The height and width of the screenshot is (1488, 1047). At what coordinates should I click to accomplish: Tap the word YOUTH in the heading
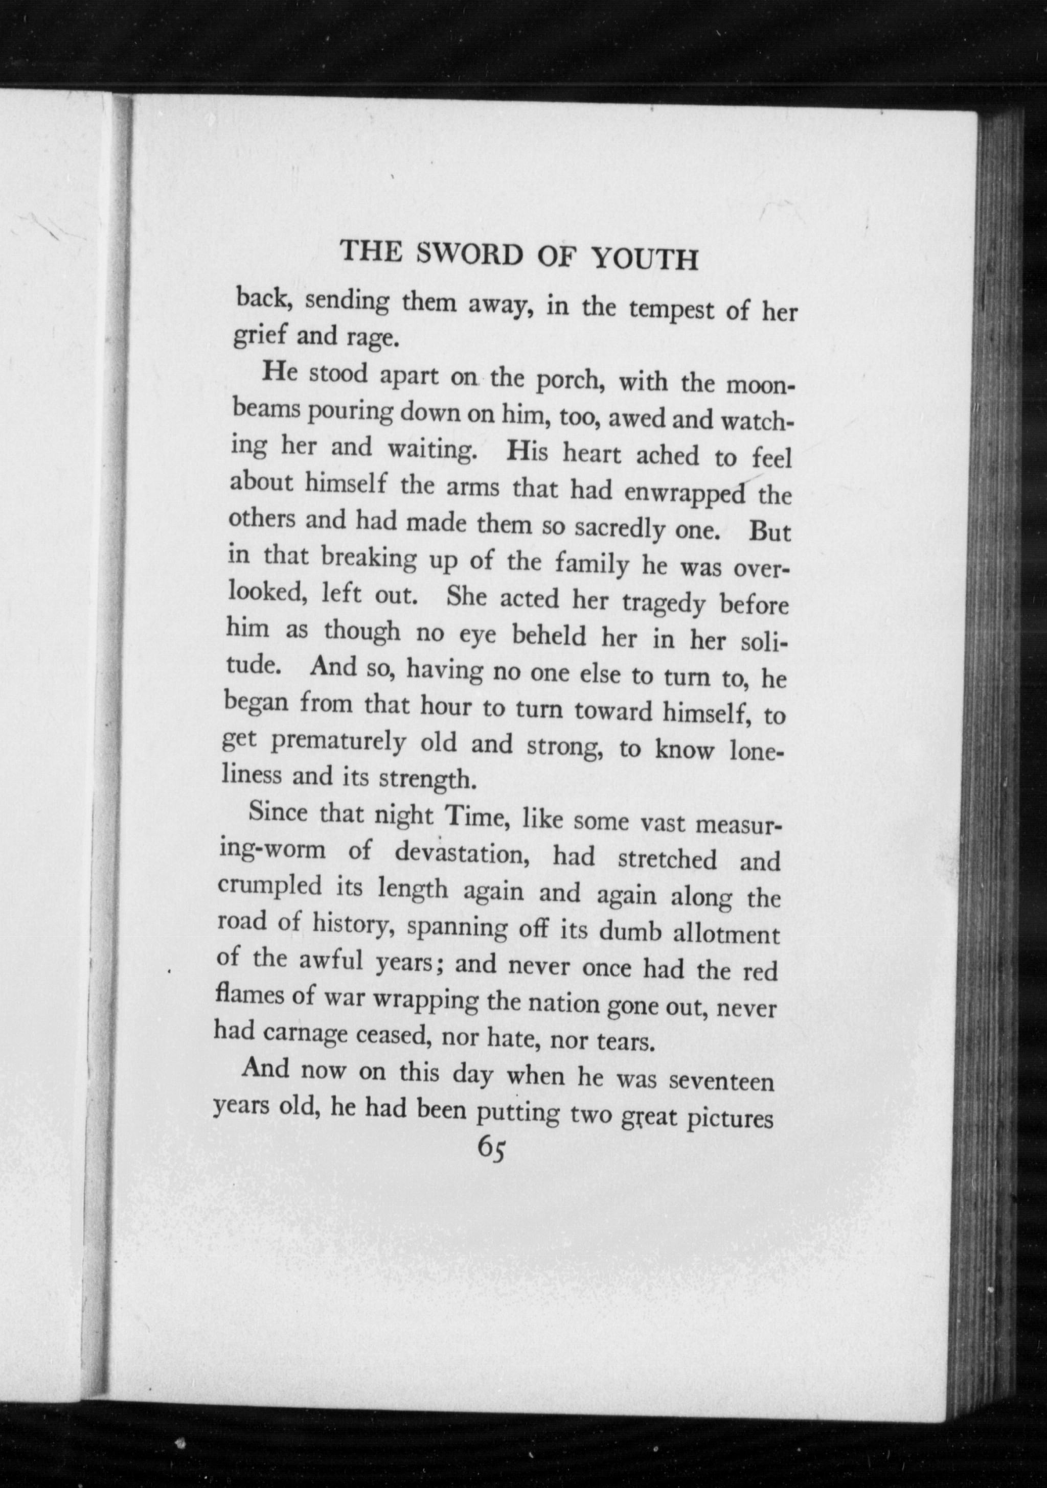[x=645, y=259]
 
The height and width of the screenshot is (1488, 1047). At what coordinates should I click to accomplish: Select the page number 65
[x=492, y=1149]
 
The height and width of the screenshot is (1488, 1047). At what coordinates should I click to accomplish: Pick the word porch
[x=570, y=380]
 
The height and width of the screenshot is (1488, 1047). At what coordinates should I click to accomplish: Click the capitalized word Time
[x=470, y=818]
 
